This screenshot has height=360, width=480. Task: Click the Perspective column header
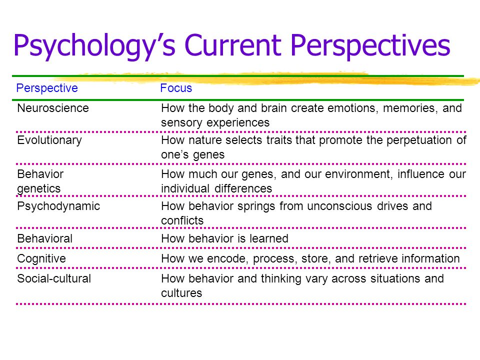coord(47,88)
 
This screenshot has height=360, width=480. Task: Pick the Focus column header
coord(176,88)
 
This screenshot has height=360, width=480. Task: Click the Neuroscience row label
coord(53,107)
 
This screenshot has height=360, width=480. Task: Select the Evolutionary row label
coord(49,140)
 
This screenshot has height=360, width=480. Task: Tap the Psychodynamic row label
coord(58,206)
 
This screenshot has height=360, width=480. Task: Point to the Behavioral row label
coord(45,238)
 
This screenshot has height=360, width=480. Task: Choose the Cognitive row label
coord(41,258)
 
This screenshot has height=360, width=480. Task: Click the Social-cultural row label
coord(54,278)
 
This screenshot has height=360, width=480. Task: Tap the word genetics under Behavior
coord(39,188)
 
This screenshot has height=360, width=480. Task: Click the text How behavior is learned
coord(224,238)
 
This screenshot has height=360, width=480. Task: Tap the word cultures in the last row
coord(181,293)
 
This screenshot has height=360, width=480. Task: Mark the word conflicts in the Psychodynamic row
coord(182,220)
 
